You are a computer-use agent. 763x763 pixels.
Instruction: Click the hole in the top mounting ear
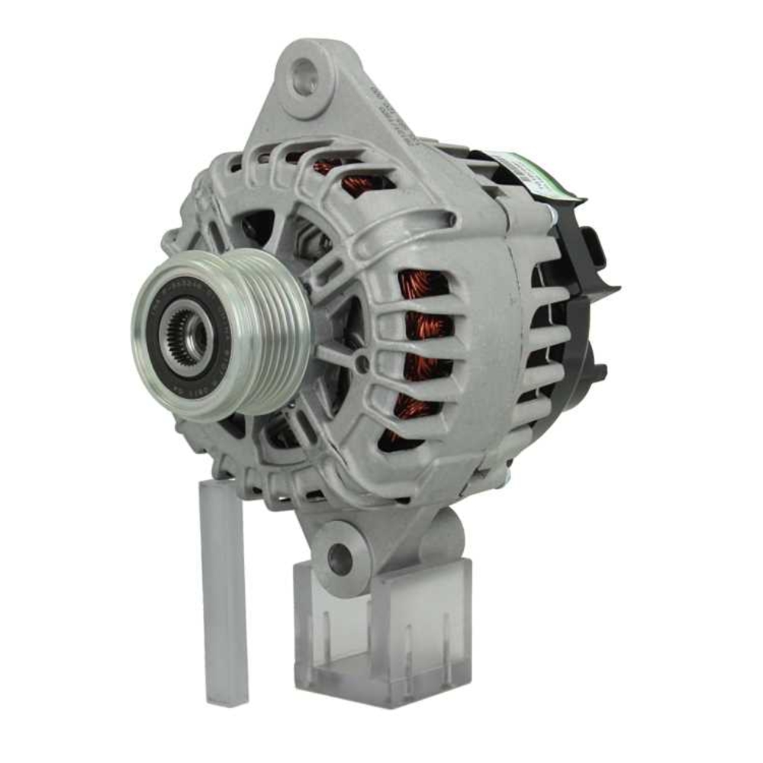[305, 79]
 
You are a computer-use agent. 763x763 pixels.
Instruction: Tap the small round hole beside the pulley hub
[361, 365]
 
